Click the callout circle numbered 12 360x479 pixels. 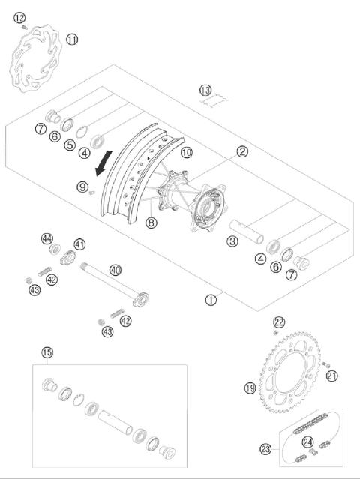pos(19,18)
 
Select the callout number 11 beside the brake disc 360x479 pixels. pos(71,39)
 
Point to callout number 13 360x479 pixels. pos(205,91)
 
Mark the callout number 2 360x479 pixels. pos(242,151)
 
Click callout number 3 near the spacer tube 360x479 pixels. pos(233,241)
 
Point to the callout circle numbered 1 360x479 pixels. pos(211,300)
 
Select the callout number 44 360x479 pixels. pos(48,238)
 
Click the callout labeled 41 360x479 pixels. pos(79,244)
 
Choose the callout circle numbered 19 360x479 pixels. pos(250,388)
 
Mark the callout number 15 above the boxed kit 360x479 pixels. pos(47,352)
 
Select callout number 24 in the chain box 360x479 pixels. pos(308,441)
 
